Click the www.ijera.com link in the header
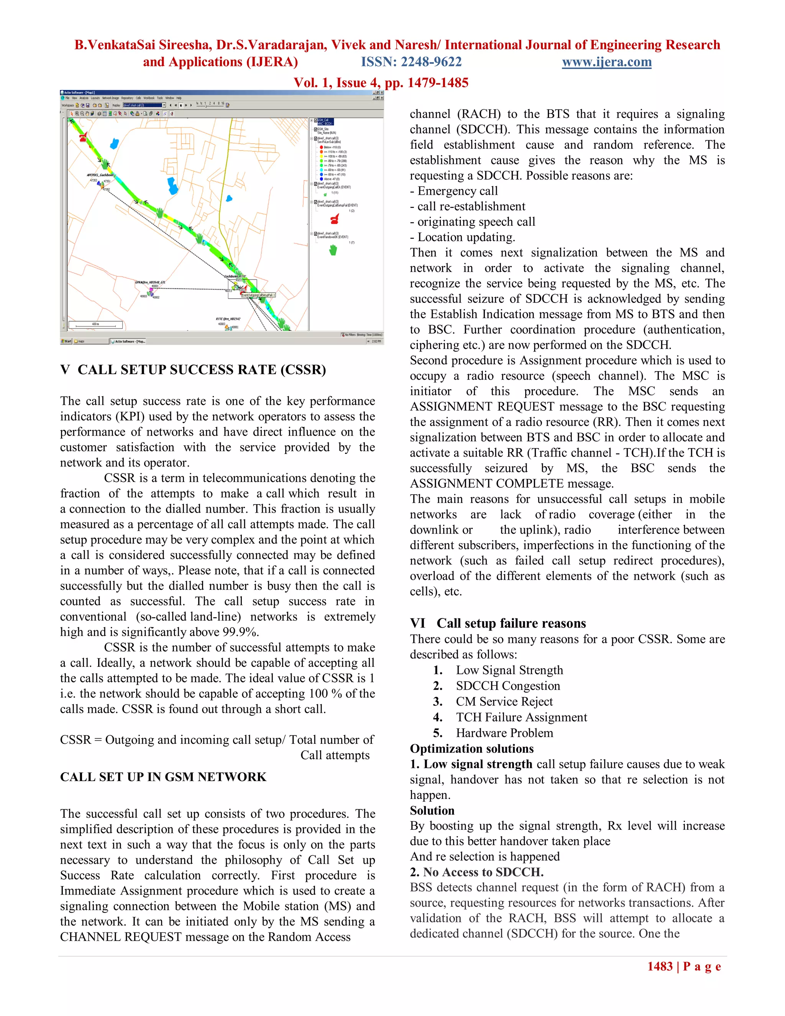[x=606, y=62]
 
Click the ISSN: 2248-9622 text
[x=411, y=62]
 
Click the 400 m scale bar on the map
[x=95, y=324]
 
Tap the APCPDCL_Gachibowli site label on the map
[x=100, y=175]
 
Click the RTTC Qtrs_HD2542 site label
[x=228, y=319]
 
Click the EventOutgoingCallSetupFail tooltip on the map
[x=258, y=295]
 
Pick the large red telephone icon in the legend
[x=334, y=219]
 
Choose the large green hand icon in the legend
[x=333, y=250]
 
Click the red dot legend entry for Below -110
[x=321, y=147]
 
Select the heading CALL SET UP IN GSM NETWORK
[x=163, y=776]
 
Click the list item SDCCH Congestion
[x=508, y=686]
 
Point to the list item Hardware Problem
[x=504, y=733]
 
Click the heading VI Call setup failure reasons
[x=498, y=623]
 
